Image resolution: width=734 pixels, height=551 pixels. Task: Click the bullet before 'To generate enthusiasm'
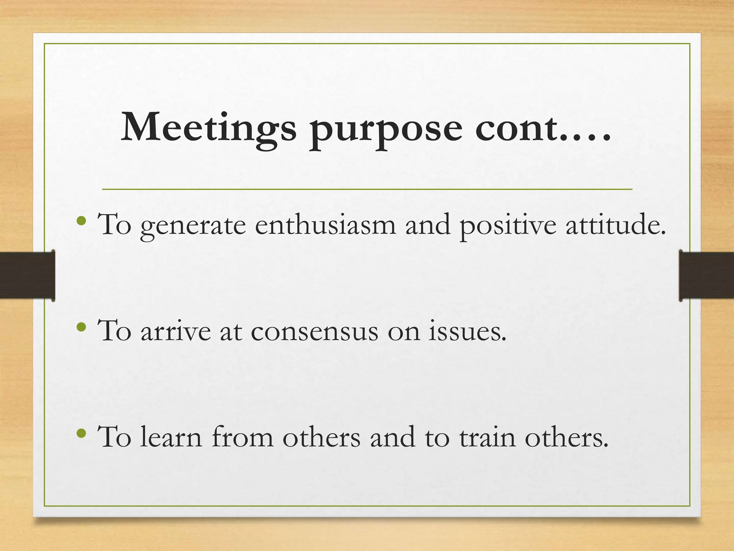[81, 221]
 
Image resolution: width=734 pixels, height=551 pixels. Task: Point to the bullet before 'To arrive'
[81, 327]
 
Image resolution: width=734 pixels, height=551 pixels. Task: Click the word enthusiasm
[325, 225]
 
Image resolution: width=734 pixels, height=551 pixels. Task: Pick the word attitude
[615, 225]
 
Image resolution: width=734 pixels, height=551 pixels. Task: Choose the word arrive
[176, 331]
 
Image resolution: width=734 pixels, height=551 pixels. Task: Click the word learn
[171, 437]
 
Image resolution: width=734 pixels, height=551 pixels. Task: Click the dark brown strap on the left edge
[27, 275]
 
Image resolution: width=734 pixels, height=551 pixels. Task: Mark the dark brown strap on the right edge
[706, 275]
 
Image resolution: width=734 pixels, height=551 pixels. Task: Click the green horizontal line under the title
[367, 189]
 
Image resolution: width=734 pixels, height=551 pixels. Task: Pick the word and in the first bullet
[428, 225]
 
